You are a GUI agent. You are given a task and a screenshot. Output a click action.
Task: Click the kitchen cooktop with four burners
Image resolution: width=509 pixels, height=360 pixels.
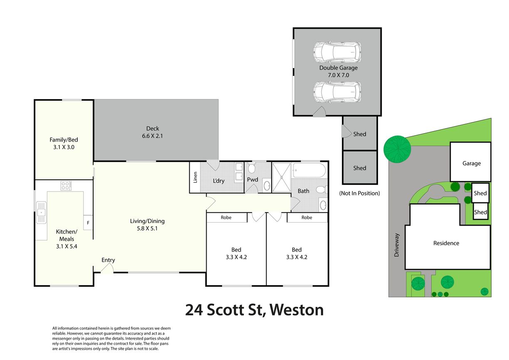coord(66,186)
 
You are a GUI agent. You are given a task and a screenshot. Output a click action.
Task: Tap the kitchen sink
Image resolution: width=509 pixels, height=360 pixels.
coord(41,212)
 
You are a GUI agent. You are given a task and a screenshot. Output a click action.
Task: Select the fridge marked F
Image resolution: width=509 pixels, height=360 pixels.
coord(88,223)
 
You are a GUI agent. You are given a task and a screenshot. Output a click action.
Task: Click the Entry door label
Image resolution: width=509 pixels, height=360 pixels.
coord(108,260)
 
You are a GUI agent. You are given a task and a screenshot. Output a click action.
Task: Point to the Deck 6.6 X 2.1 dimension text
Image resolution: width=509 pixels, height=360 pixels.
coord(153,136)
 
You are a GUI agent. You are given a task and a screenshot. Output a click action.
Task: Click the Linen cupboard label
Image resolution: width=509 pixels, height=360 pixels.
coord(195,177)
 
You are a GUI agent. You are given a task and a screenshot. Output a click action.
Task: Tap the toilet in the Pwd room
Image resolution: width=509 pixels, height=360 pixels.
coord(252,168)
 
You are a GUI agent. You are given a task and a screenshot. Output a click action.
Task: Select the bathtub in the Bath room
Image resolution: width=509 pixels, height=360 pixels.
coord(309,170)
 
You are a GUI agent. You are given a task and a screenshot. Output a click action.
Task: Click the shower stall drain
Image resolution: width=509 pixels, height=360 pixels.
coord(282,177)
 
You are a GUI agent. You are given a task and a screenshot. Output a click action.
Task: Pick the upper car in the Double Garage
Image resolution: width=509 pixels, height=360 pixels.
coord(337,52)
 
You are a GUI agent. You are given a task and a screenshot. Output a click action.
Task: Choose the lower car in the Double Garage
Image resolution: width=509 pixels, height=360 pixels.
coord(337,92)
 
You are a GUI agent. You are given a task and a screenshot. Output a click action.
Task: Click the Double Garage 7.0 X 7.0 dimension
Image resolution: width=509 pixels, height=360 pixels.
coord(339,75)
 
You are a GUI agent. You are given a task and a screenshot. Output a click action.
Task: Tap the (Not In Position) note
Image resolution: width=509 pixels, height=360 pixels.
coord(359,193)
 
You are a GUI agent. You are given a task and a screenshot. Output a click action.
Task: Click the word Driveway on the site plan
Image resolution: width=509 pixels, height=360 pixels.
coord(397,245)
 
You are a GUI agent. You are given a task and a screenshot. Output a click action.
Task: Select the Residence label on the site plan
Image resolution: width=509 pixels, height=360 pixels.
coord(446,243)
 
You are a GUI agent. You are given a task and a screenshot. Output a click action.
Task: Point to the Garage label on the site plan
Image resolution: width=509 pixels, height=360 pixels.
coord(472,163)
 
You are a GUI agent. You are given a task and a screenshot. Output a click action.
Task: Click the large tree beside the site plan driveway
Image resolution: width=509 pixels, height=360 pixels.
coord(397,149)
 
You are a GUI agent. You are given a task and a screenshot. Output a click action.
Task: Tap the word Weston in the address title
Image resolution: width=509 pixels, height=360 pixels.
coord(297,310)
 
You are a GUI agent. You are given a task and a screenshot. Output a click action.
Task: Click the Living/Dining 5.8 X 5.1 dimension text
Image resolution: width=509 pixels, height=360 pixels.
coord(147,228)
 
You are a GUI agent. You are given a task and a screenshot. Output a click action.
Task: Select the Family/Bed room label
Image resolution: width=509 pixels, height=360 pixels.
coord(64,140)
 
